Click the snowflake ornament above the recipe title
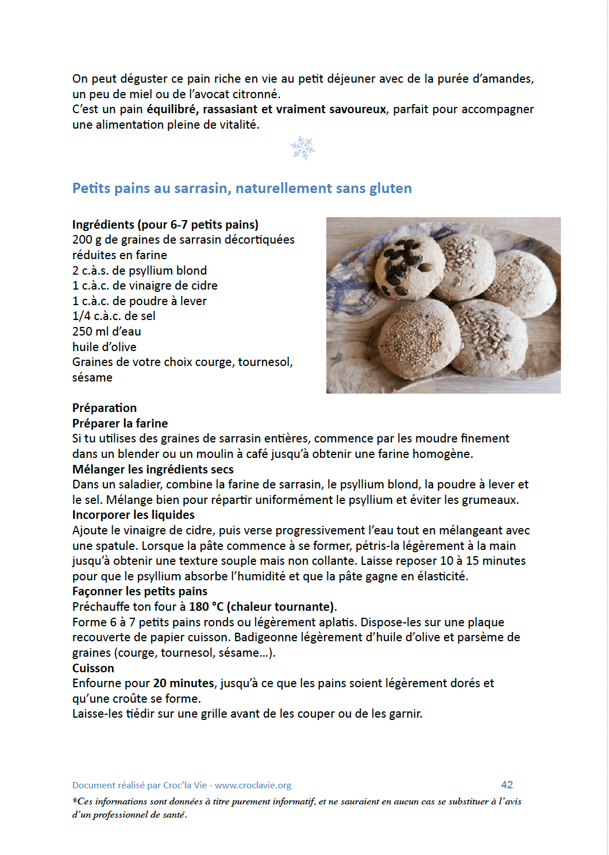click(303, 148)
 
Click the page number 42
click(507, 785)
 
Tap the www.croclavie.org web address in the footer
click(253, 785)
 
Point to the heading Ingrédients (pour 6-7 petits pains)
click(165, 225)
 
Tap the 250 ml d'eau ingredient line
click(106, 332)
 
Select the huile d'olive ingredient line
click(104, 347)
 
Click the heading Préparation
click(105, 408)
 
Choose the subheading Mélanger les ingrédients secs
click(153, 469)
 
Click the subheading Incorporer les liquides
click(133, 515)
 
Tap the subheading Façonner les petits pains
click(140, 591)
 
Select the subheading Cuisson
click(93, 668)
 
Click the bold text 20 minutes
click(183, 683)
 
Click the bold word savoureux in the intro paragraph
click(357, 109)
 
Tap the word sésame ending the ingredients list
click(92, 378)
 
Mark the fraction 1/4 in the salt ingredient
click(82, 316)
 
